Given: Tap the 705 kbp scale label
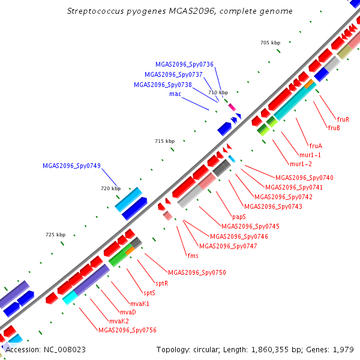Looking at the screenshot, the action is click(x=270, y=43).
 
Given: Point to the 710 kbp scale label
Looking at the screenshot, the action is click(x=218, y=92).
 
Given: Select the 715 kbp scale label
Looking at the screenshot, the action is click(x=164, y=141).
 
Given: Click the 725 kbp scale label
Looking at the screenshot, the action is click(x=56, y=235).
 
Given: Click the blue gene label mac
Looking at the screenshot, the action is click(x=175, y=94).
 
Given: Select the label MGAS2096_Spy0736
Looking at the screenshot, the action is click(x=184, y=64).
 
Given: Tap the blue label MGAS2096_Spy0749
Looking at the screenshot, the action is click(x=71, y=166).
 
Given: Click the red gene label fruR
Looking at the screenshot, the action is click(x=343, y=119).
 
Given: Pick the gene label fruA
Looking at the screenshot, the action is click(x=316, y=146).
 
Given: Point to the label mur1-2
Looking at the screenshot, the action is click(x=301, y=164).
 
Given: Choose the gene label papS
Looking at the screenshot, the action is click(x=239, y=217).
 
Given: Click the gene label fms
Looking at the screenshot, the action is click(x=193, y=256).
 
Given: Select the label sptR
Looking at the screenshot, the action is click(x=162, y=284).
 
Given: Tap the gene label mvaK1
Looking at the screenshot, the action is click(x=140, y=304).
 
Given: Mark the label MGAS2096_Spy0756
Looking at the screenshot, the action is click(x=127, y=330).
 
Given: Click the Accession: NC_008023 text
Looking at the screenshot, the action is click(x=46, y=350).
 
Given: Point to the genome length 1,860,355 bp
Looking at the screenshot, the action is click(x=270, y=350).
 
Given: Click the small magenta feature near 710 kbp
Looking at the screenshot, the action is click(x=232, y=107).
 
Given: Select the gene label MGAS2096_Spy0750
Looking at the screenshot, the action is click(x=197, y=272).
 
